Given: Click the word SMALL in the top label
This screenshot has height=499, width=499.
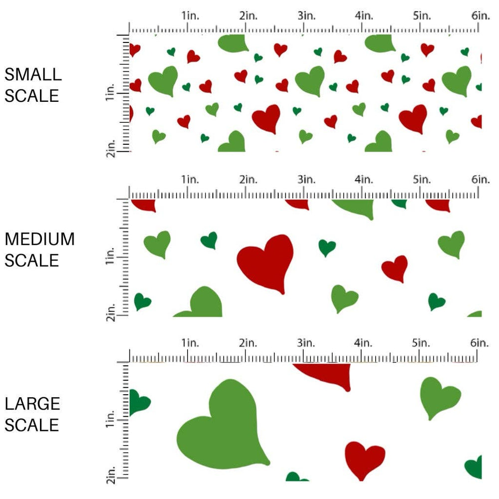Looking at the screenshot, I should tap(33, 74).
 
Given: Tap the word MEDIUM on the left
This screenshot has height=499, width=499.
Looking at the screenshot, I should tap(39, 239).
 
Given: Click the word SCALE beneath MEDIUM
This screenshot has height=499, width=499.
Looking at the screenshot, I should tap(32, 260).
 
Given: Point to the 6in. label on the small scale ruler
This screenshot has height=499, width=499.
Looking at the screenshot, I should tap(480, 16).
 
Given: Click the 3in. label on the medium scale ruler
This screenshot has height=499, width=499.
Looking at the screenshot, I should tap(306, 179).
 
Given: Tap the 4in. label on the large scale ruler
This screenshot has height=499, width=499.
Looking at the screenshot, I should tap(364, 343).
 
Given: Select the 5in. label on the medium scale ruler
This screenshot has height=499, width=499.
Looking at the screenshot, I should tap(422, 179).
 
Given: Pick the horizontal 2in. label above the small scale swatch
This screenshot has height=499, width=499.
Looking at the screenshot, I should tap(248, 16).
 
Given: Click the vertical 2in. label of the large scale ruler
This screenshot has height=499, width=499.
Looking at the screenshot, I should tap(111, 473).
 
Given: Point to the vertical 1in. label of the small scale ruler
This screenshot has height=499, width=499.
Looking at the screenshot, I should tap(111, 92).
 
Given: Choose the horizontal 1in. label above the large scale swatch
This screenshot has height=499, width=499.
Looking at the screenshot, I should tap(190, 343).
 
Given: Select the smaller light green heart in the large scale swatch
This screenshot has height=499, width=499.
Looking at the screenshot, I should tap(438, 397).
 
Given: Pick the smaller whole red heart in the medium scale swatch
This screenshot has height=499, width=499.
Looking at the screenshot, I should tap(395, 268).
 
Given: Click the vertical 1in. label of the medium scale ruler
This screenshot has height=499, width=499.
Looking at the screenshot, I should tap(111, 257).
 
